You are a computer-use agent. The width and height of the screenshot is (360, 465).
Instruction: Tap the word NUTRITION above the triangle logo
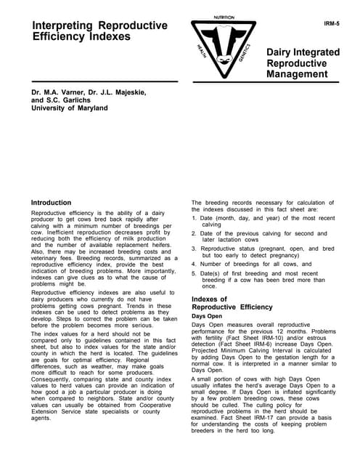[x=224, y=17]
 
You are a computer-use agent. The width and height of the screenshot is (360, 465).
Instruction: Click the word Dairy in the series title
[x=282, y=53]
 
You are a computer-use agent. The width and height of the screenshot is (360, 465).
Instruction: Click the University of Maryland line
[x=69, y=108]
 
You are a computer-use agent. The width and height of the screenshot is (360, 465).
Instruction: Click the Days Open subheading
[x=207, y=317]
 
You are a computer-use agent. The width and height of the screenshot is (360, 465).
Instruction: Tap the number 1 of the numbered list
[x=194, y=218]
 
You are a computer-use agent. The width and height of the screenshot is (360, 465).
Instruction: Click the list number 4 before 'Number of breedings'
[x=194, y=264]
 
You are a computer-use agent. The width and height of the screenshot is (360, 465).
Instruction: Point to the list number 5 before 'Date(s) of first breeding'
[x=194, y=273]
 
